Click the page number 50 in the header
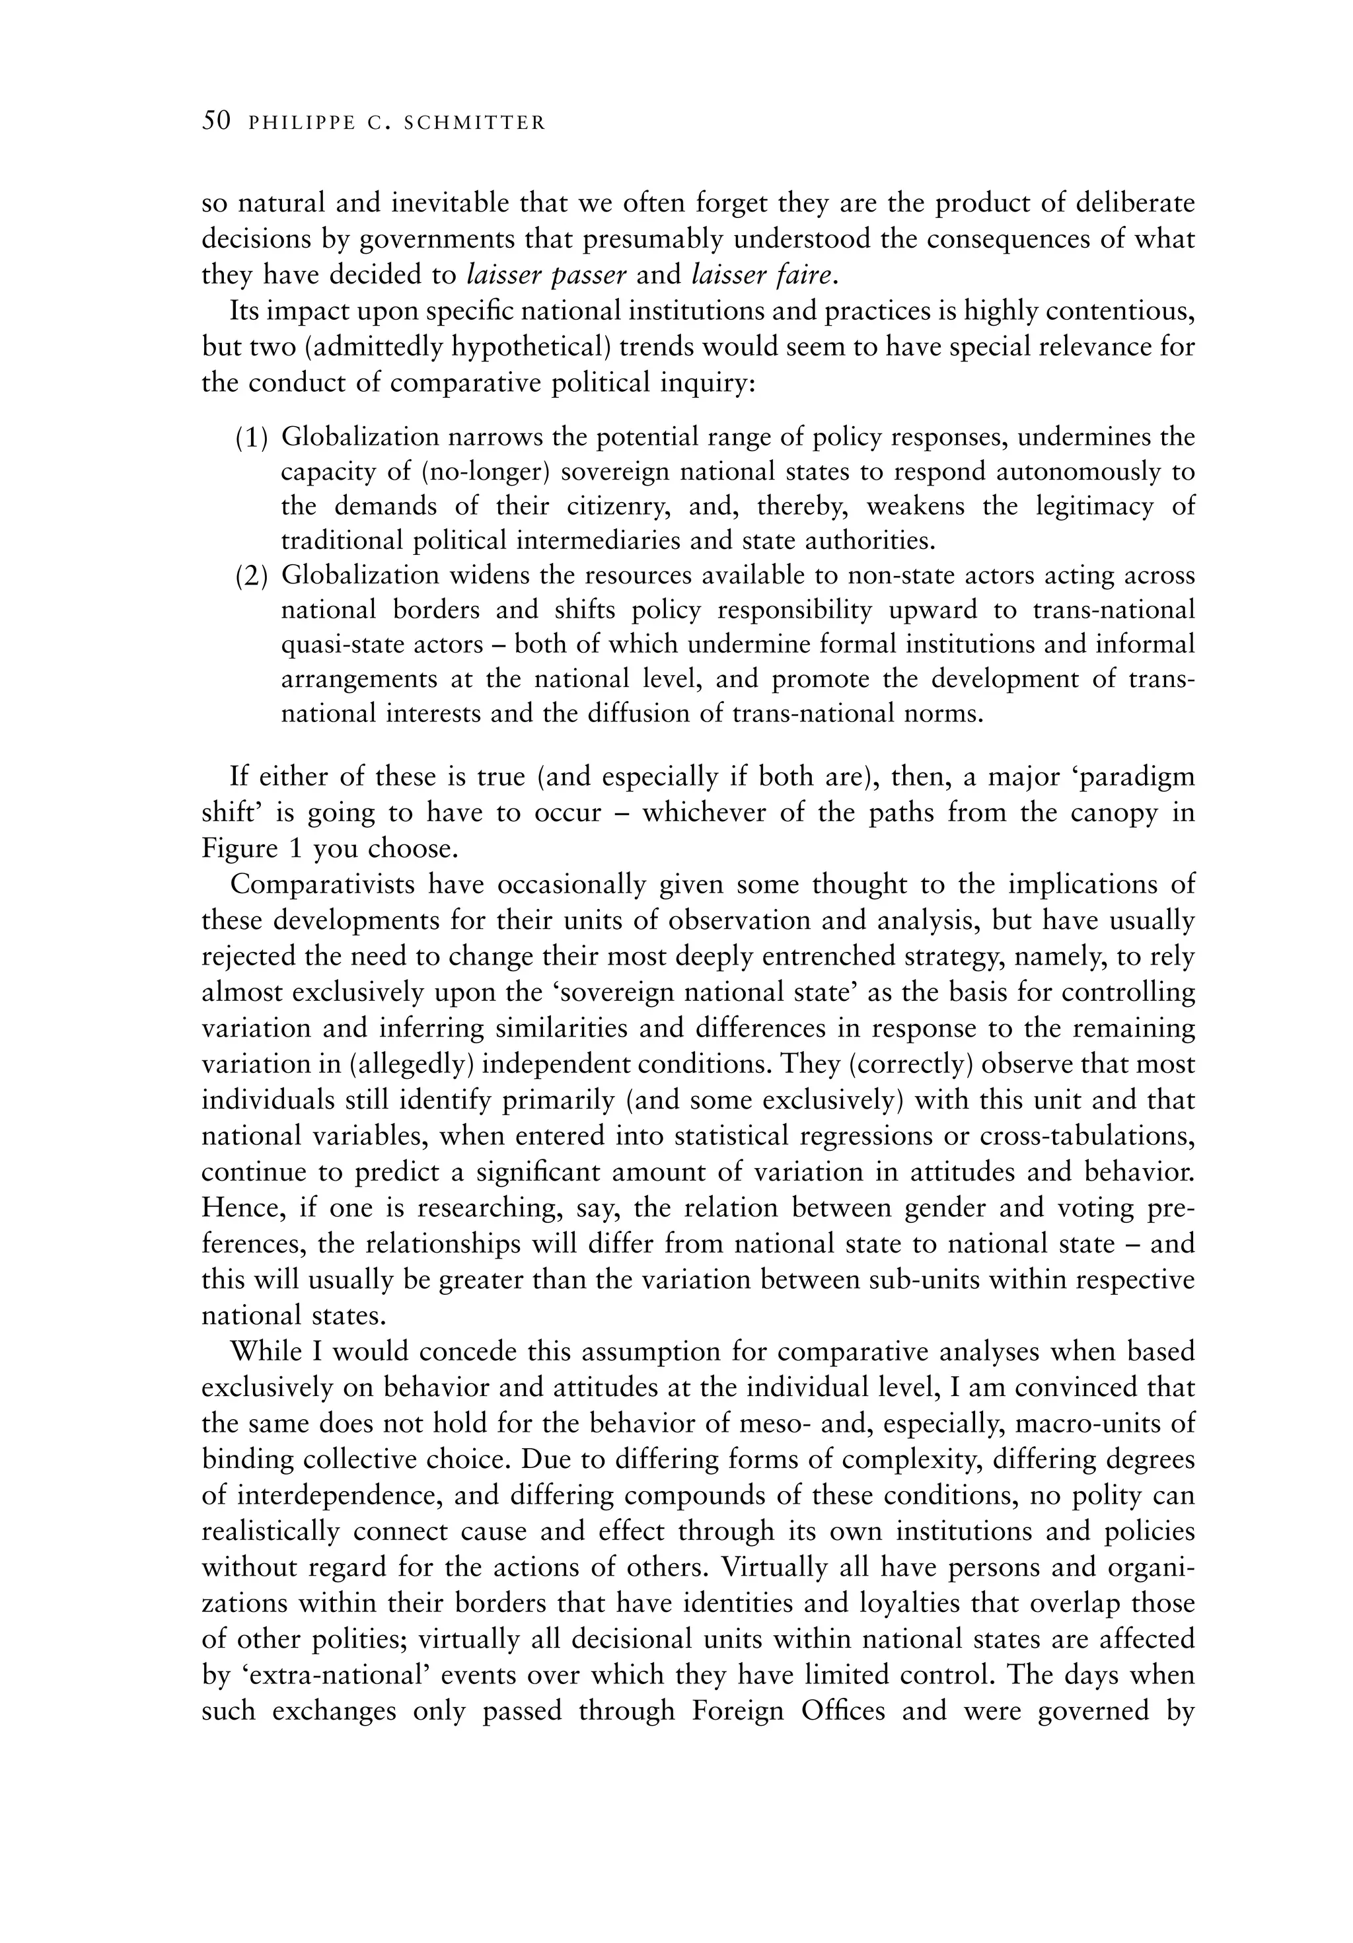[x=216, y=122]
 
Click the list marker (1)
[x=251, y=437]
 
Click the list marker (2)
[x=251, y=575]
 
